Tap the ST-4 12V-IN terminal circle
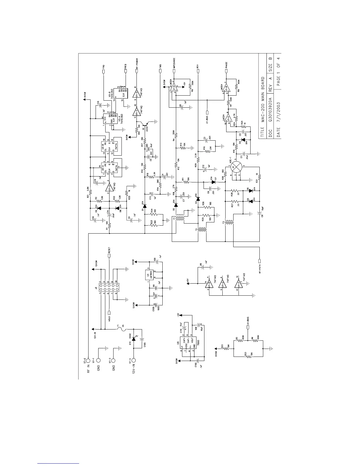134,360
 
